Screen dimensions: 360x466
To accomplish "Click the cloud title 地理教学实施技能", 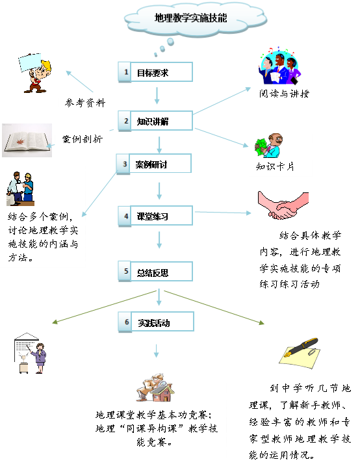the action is click(x=190, y=18).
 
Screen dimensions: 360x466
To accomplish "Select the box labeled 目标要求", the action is click(x=155, y=72).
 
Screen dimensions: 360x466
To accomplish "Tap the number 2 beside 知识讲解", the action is click(x=126, y=121).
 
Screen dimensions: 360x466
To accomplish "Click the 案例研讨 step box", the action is click(x=153, y=164).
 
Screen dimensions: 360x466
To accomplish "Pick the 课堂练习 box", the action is click(x=155, y=216).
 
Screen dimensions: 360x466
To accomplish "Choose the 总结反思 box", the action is click(x=155, y=272).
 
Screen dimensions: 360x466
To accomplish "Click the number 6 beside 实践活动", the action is click(x=127, y=322).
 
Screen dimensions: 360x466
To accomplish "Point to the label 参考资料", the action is click(x=85, y=103).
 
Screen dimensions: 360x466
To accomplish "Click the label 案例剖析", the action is click(x=83, y=139).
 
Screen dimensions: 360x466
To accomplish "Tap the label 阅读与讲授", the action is click(x=284, y=94).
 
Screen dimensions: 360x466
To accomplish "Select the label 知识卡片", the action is click(x=275, y=166).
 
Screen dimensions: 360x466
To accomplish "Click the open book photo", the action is click(x=27, y=140).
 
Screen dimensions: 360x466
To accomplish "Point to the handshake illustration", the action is click(x=283, y=205).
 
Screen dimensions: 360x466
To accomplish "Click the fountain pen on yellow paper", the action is click(x=300, y=352).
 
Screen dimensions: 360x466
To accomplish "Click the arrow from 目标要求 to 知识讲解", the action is click(x=157, y=95).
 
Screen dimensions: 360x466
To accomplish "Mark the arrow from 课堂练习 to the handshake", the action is click(x=223, y=213).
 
